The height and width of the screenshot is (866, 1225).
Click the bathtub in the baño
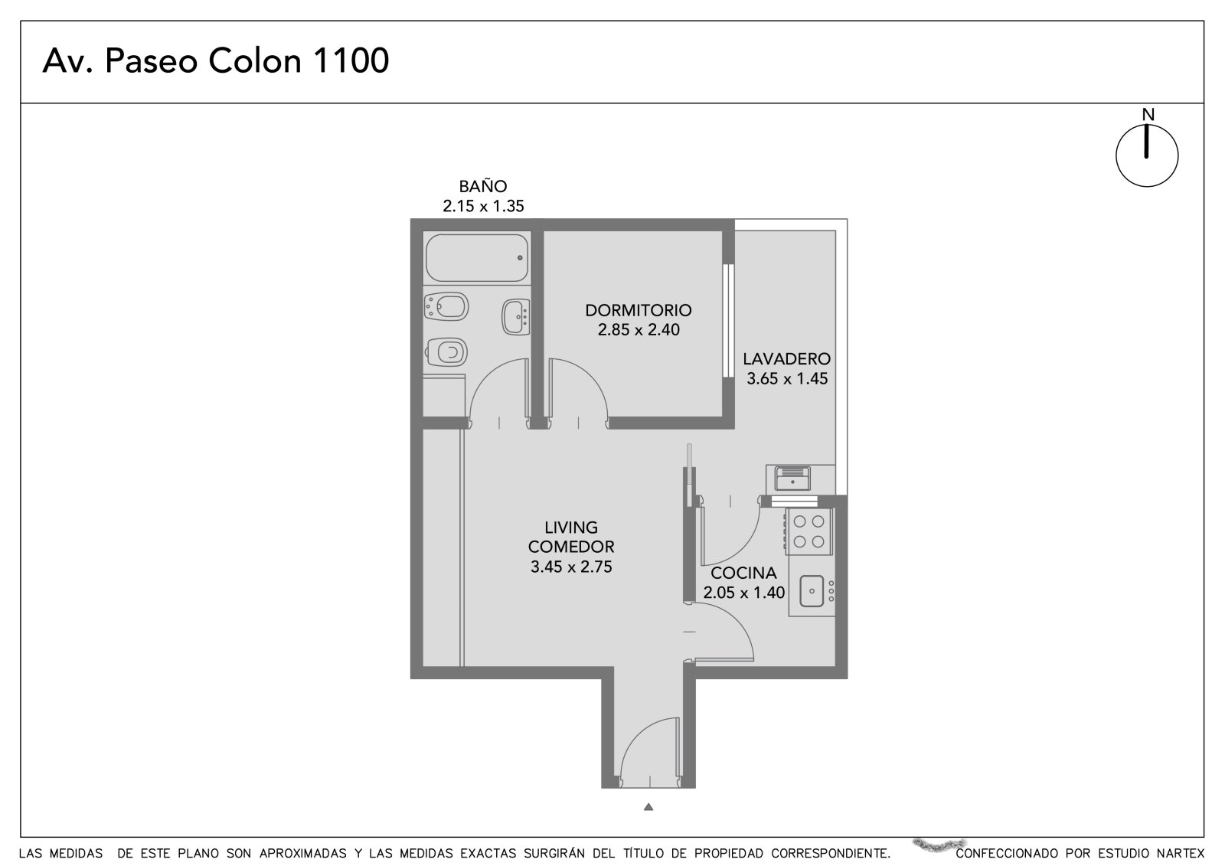(x=477, y=258)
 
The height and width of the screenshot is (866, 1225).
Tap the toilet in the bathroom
(x=446, y=351)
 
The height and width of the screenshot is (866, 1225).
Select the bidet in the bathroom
(x=446, y=306)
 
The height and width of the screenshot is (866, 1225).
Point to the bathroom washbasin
(x=515, y=316)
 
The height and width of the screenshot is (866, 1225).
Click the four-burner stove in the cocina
(x=808, y=531)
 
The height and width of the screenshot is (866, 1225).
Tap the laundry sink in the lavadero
(x=792, y=478)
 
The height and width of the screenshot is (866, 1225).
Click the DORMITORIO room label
(x=639, y=310)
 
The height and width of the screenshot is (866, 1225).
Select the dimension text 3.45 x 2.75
(x=571, y=567)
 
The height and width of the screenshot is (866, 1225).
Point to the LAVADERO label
(x=786, y=359)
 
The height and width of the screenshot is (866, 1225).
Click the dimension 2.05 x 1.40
(x=743, y=593)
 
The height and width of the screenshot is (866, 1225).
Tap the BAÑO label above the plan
(x=483, y=187)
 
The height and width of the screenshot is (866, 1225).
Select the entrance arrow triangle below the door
(x=648, y=806)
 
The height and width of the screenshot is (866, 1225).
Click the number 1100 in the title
(x=351, y=60)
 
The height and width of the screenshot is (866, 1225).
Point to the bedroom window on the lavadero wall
(x=728, y=321)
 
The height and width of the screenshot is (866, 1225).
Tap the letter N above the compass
(x=1148, y=114)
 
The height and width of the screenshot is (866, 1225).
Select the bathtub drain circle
(x=520, y=258)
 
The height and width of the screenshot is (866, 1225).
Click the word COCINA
(x=743, y=573)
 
